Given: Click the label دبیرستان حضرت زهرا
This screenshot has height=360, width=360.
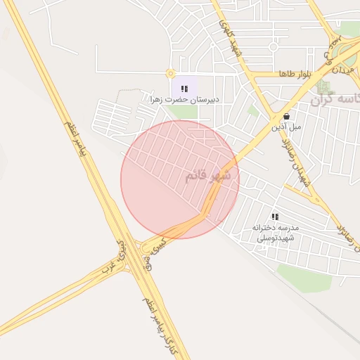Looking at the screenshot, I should pyautogui.click(x=185, y=99).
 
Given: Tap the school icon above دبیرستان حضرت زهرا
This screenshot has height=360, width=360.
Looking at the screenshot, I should pyautogui.click(x=184, y=89).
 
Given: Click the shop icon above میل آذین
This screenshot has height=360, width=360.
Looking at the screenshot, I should pyautogui.click(x=286, y=117).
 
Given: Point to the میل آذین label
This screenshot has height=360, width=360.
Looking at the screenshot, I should pyautogui.click(x=288, y=127).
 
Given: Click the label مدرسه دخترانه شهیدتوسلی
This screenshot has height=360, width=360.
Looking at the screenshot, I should pyautogui.click(x=276, y=233).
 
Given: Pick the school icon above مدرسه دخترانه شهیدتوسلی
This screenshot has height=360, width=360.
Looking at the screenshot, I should pyautogui.click(x=276, y=217).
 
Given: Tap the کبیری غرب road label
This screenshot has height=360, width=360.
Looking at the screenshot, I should pyautogui.click(x=121, y=257).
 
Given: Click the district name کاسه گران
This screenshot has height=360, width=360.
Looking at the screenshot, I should pyautogui.click(x=335, y=98).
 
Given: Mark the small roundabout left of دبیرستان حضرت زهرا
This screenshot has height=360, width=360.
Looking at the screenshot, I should pyautogui.click(x=169, y=73).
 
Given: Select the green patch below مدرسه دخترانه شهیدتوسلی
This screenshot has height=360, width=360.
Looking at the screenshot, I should pyautogui.click(x=304, y=277).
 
